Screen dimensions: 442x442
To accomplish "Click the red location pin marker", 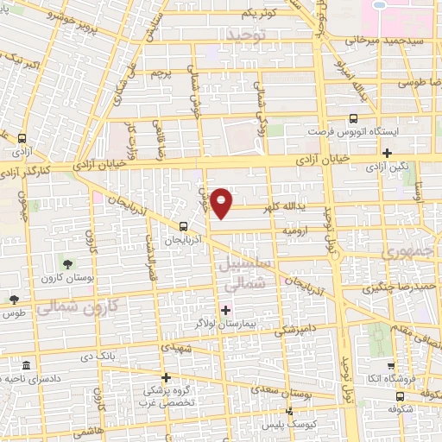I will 222,203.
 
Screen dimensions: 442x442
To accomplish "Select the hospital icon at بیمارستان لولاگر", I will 226,310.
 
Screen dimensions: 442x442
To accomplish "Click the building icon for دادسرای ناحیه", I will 26,365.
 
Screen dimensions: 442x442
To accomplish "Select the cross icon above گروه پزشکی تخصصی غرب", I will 167,377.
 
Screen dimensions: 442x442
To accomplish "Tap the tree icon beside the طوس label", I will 14,299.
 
